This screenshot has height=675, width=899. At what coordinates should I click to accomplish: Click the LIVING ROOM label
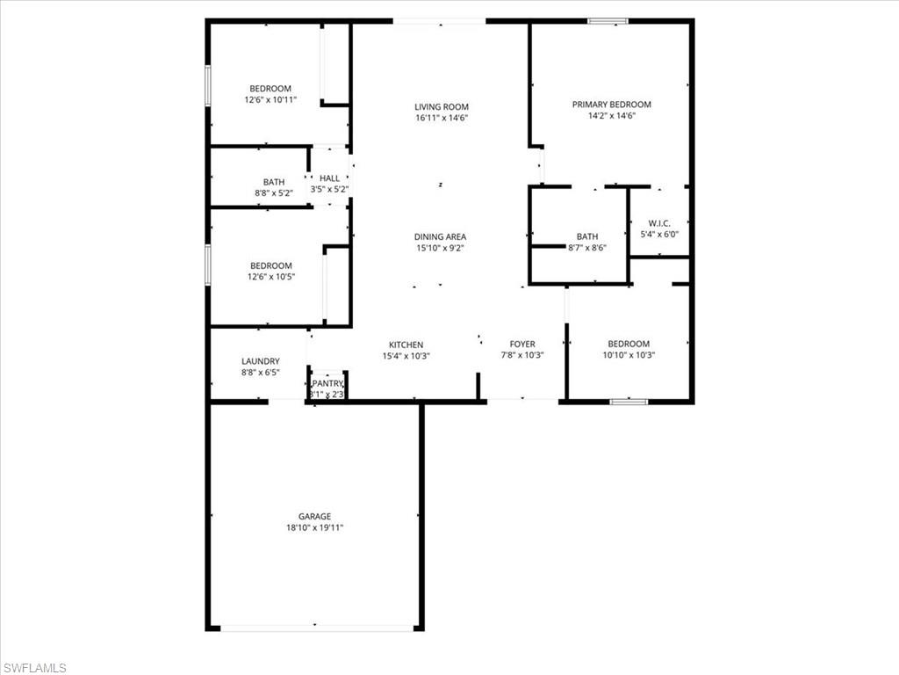[442, 107]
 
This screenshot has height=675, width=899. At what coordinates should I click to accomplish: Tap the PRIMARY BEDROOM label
[612, 105]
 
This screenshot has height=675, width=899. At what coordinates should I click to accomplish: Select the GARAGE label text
[314, 517]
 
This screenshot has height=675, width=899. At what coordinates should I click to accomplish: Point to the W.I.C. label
[659, 222]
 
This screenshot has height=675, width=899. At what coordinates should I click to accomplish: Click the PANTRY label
[327, 384]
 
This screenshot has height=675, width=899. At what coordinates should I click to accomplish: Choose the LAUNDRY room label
[261, 361]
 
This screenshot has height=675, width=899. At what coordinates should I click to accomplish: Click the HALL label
[329, 178]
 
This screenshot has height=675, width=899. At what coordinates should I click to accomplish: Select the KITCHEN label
[406, 345]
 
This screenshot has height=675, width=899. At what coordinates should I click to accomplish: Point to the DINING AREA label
[441, 236]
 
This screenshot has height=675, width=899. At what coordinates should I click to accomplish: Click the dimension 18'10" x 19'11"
[314, 528]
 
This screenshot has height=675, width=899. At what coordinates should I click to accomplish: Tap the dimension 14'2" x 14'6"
[612, 116]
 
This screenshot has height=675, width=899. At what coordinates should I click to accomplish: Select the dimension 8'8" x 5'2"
[273, 193]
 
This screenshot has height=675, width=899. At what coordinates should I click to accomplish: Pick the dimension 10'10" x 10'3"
[629, 355]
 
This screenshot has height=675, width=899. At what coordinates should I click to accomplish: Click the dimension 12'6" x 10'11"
[270, 100]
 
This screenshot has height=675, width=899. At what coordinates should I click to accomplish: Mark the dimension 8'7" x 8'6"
[587, 248]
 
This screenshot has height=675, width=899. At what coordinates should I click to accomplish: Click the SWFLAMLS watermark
[35, 668]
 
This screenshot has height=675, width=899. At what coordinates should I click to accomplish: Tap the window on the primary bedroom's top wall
[608, 21]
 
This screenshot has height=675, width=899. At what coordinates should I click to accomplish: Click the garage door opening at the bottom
[316, 628]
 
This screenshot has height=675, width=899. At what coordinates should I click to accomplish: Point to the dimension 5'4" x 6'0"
[659, 234]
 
